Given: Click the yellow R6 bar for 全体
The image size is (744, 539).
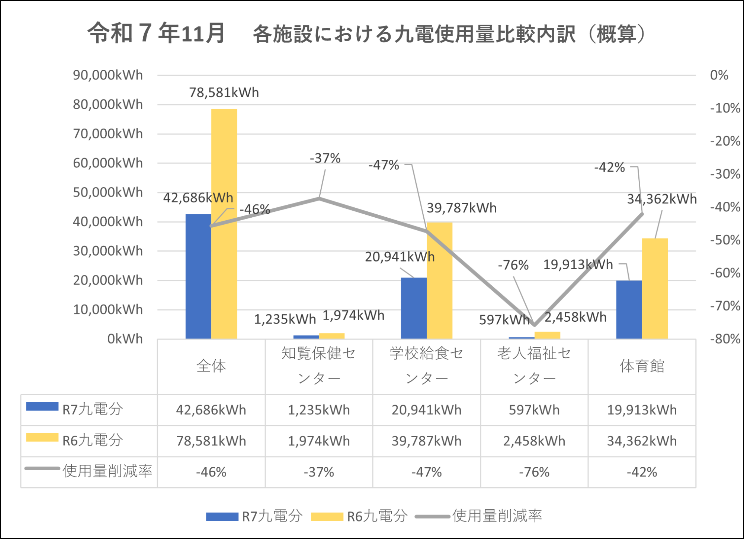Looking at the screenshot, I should tap(224, 223).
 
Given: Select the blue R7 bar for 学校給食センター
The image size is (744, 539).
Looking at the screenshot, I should tap(414, 308).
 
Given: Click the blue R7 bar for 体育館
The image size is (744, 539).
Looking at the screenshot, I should tap(629, 310).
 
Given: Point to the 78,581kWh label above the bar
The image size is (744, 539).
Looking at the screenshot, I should tap(224, 92).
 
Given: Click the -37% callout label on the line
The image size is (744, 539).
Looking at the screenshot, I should tap(325, 158).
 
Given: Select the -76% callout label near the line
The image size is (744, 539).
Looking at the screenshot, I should tap(513, 265).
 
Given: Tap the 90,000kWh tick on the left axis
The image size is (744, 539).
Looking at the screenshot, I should tap(108, 75).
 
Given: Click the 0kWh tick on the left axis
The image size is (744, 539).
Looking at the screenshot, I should tap(125, 339).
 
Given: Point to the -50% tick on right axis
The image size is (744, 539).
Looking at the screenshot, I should tap(725, 240).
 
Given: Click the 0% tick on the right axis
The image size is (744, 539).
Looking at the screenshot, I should tap(719, 75).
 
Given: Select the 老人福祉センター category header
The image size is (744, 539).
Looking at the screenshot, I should tap(534, 366).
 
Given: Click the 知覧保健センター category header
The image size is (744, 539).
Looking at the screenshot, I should tap(319, 366).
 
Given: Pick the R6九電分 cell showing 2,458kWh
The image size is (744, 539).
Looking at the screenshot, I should tap(534, 441).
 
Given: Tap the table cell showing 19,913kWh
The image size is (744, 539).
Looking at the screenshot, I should tap(642, 410).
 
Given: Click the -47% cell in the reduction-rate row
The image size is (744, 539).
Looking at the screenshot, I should tap(426, 472).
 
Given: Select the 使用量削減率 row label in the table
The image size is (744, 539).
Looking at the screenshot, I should tap(107, 471).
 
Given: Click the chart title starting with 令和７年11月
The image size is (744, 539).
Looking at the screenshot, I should tap(366, 33).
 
